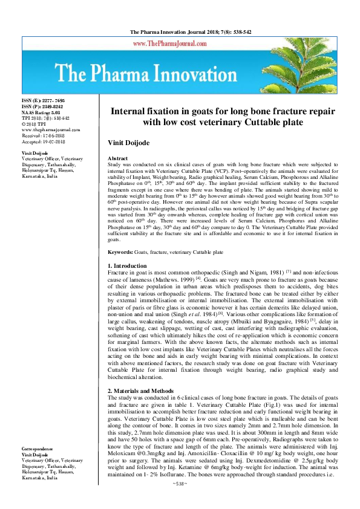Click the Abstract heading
coord(117,158)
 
